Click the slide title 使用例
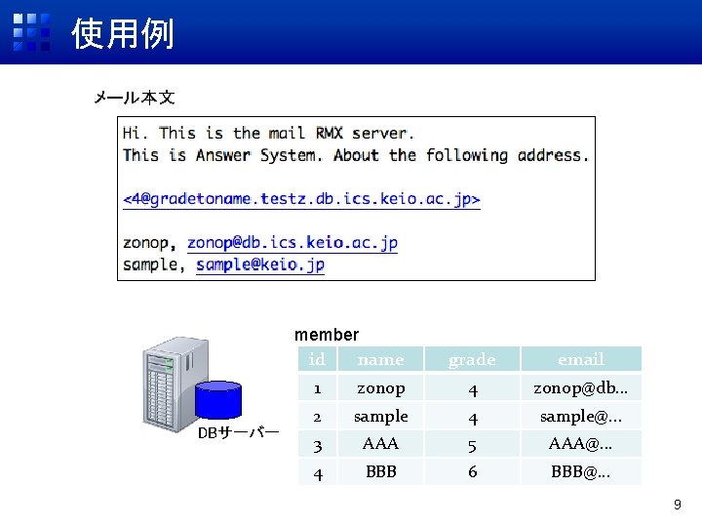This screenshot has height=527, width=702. tap(123, 34)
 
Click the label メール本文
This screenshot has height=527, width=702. tap(134, 98)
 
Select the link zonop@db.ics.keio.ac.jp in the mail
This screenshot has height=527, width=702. tap(292, 243)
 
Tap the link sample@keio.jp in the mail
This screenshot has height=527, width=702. tap(260, 264)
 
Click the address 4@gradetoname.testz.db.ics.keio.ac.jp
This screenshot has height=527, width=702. tap(301, 199)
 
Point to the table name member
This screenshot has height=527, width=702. tap(327, 335)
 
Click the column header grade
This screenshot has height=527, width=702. tap(472, 360)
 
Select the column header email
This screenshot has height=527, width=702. tap(581, 360)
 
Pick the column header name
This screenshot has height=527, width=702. tap(380, 360)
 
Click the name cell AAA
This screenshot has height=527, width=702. tap(380, 444)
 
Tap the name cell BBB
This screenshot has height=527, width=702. tap(380, 472)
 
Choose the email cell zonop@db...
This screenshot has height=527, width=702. tap(581, 388)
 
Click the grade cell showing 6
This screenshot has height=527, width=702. tap(472, 472)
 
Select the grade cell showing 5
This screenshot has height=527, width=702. tap(472, 444)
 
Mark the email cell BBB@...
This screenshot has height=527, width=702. tap(581, 472)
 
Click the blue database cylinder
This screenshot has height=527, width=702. tap(218, 400)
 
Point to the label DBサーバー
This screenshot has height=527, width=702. tap(238, 432)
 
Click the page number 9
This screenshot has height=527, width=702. tap(678, 506)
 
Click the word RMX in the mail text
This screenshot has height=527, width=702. tap(329, 134)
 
